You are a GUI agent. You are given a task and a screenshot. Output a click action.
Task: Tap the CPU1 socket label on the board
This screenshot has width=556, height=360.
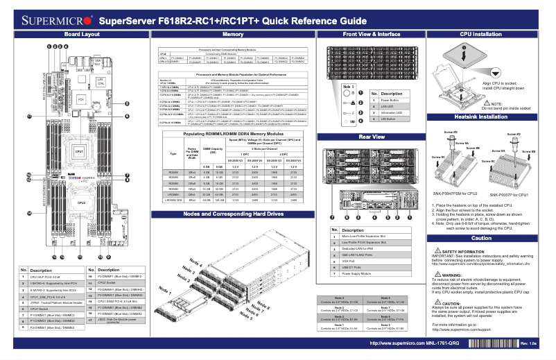(80, 151)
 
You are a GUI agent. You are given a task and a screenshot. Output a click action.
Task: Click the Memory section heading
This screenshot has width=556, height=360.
(232, 33)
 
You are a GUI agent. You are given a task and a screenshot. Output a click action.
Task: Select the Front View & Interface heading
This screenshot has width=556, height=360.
(371, 33)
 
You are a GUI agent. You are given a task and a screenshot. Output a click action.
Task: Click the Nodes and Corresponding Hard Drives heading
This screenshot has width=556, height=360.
(232, 214)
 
